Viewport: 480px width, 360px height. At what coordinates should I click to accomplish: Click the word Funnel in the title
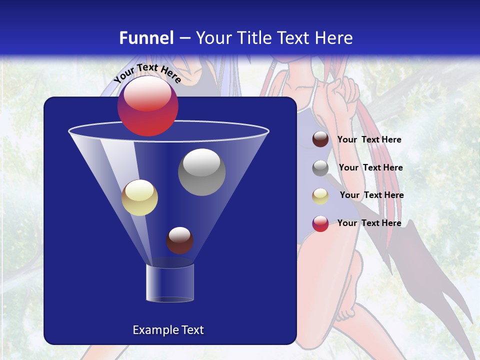[x=146, y=38]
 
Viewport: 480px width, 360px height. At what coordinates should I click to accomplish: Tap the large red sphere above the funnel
[x=147, y=106]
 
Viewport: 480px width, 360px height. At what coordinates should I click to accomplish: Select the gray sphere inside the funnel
[x=201, y=172]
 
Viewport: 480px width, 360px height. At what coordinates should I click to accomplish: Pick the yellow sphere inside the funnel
[x=139, y=197]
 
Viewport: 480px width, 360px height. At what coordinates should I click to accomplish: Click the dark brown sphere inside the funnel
[x=179, y=240]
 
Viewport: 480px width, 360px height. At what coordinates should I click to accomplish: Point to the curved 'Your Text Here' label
[x=147, y=72]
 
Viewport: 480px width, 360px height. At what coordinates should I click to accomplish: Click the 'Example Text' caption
[x=168, y=330]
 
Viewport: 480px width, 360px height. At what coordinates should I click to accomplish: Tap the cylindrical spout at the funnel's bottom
[x=170, y=283]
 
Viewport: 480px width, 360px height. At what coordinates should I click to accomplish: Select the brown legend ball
[x=320, y=139]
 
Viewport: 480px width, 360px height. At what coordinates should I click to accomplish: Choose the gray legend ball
[x=320, y=168]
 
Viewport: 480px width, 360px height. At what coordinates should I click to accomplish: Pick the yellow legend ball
[x=320, y=196]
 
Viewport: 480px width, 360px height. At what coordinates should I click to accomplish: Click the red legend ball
[x=320, y=223]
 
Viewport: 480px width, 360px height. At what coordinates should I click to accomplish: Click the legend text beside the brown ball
[x=369, y=140]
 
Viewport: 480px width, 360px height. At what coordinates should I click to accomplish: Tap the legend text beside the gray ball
[x=370, y=168]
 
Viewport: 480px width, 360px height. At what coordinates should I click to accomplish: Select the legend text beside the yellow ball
[x=371, y=195]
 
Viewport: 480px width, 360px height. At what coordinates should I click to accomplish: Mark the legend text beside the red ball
[x=369, y=223]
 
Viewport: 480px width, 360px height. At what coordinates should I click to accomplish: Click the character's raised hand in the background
[x=345, y=90]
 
